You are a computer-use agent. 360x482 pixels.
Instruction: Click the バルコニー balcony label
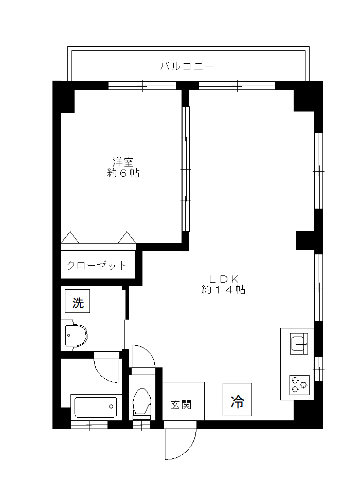click(187, 66)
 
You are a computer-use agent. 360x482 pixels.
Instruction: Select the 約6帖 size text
click(123, 173)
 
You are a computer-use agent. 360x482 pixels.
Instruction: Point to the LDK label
click(223, 279)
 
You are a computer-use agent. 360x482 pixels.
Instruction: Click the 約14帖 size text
click(223, 290)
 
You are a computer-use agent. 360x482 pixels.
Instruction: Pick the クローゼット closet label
click(96, 266)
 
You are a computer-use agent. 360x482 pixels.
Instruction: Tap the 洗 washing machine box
click(78, 303)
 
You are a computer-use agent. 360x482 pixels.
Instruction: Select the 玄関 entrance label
click(181, 404)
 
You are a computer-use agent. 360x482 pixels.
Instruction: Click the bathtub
click(95, 407)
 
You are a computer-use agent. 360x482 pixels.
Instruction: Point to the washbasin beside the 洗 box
click(75, 337)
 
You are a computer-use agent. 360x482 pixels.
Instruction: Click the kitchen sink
click(298, 343)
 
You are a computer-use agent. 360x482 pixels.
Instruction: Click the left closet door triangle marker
click(70, 238)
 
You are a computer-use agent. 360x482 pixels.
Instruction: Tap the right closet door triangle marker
click(127, 238)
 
